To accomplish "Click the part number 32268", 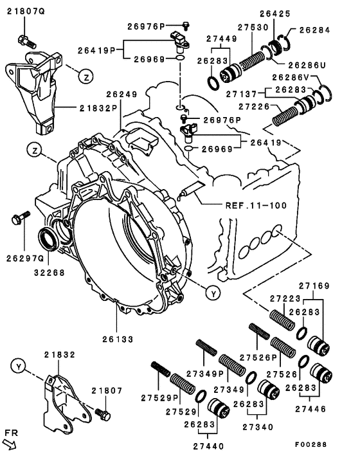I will tap(47, 271).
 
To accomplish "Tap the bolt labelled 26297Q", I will tap(17, 219).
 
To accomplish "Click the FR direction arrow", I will tap(11, 442).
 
